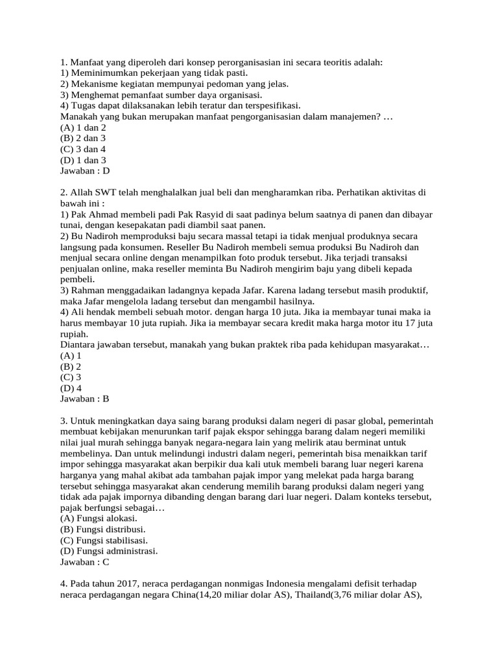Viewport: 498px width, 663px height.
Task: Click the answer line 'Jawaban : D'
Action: (85, 171)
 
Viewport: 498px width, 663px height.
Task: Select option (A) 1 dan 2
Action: (82, 128)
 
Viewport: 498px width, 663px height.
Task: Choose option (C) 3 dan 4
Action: (82, 149)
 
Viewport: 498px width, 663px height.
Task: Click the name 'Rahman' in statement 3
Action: (88, 290)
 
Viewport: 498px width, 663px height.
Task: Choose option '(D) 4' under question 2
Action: (71, 388)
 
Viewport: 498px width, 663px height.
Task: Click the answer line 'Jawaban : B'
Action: (85, 399)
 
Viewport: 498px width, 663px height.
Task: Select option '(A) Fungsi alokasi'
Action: (98, 519)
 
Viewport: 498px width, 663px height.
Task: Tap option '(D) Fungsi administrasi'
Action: (109, 551)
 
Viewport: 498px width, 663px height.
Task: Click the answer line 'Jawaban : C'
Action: (85, 562)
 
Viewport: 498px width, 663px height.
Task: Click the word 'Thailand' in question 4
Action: (314, 595)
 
